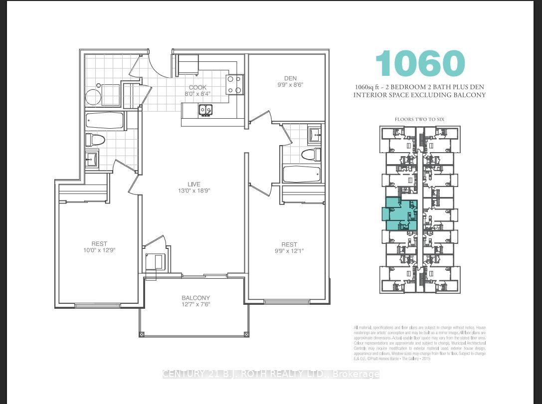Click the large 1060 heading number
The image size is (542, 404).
420,64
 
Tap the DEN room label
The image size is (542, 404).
291,78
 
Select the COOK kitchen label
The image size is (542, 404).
198,87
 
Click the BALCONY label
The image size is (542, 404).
195,298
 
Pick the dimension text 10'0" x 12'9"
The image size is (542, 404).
100,250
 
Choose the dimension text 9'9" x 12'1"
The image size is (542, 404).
289,251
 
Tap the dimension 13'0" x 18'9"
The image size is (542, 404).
187,190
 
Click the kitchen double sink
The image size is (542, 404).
205,109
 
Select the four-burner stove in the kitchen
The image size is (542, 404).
235,84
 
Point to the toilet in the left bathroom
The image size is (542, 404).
95,140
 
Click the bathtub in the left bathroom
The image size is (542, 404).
105,120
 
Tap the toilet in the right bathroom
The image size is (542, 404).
311,154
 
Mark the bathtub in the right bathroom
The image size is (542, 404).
302,175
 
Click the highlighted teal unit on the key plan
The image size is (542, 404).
399,213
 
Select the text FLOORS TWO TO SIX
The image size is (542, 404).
419,119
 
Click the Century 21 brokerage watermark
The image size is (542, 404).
271,374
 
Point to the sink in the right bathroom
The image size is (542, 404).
315,134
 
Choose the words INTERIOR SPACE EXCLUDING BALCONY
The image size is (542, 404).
419,95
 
